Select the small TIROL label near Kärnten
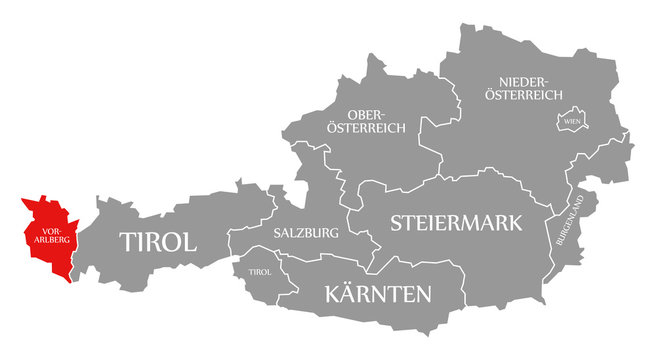[x=259, y=271]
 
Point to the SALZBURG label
[x=305, y=232]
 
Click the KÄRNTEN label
[x=378, y=294]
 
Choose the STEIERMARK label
[x=455, y=222]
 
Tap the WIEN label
[x=572, y=121]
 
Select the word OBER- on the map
[x=365, y=114]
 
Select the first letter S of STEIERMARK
[x=396, y=222]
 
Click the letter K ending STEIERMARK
[x=514, y=222]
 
